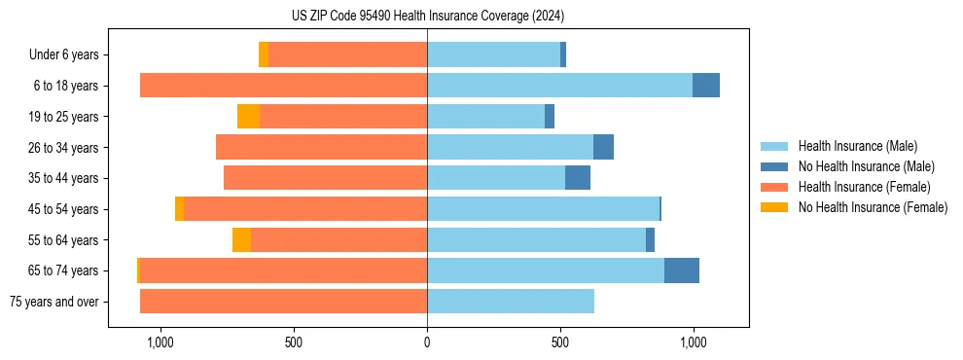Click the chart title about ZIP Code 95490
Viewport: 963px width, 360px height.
point(428,17)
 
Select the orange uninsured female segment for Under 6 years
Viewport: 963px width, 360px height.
point(264,55)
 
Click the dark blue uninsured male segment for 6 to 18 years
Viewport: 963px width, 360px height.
point(706,86)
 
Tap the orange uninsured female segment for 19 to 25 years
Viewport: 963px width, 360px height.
point(248,117)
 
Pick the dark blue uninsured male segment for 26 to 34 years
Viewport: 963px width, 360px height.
point(603,147)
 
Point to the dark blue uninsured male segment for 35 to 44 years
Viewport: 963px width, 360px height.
point(578,178)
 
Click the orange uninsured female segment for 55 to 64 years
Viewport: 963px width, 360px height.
point(241,239)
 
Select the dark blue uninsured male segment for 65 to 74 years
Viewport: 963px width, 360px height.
point(682,270)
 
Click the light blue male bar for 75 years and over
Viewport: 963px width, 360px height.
point(511,302)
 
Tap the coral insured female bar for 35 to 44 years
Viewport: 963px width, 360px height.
point(325,178)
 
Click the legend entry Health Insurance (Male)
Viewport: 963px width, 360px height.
point(852,147)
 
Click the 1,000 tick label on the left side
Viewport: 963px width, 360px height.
point(160,342)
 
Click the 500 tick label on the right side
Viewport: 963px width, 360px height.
point(560,342)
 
